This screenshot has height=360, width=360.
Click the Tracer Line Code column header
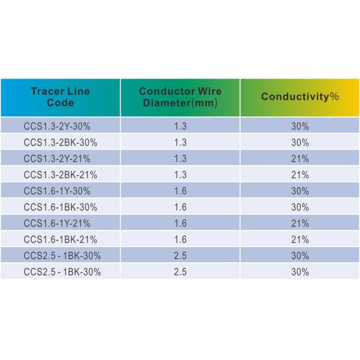click(x=60, y=97)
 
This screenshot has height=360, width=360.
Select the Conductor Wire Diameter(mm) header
click(x=180, y=97)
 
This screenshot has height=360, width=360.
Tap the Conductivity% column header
click(x=300, y=97)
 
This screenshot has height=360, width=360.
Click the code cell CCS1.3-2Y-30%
click(x=59, y=127)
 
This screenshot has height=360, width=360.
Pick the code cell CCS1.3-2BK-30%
click(x=61, y=143)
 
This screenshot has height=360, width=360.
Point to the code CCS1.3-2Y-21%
click(x=59, y=159)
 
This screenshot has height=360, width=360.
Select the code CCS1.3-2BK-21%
click(x=61, y=175)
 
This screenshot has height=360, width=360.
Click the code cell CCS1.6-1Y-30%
click(x=59, y=191)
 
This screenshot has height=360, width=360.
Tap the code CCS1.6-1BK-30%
click(x=61, y=208)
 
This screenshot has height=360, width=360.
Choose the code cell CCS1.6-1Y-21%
click(x=59, y=224)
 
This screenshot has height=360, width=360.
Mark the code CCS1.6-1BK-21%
click(x=61, y=240)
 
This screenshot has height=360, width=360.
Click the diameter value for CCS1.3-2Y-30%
click(x=180, y=127)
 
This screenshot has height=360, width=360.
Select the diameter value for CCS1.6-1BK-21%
click(x=180, y=240)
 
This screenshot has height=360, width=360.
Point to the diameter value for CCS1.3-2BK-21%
click(x=180, y=175)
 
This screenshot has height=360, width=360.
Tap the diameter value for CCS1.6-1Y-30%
click(x=180, y=191)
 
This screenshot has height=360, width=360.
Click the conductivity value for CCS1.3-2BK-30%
click(x=301, y=143)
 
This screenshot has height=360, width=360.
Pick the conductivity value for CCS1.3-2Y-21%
click(x=301, y=159)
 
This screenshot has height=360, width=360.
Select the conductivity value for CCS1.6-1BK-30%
click(x=301, y=208)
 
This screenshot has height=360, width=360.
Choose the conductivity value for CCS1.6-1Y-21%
click(x=301, y=224)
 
